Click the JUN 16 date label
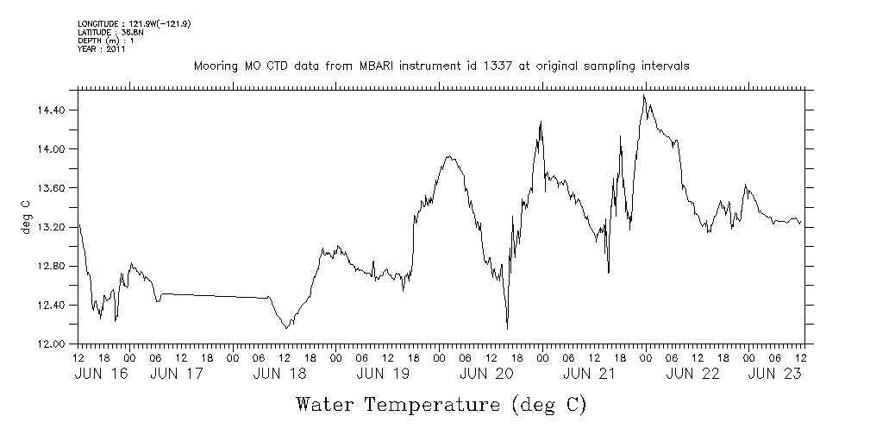pyautogui.click(x=100, y=375)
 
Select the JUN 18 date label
pyautogui.click(x=280, y=375)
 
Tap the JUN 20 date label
pyautogui.click(x=486, y=375)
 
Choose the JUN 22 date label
pyautogui.click(x=692, y=375)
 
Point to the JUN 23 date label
pyautogui.click(x=774, y=375)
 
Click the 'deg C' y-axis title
pyautogui.click(x=25, y=217)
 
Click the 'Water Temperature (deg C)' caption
pyautogui.click(x=441, y=404)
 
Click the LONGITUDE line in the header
pyautogui.click(x=134, y=23)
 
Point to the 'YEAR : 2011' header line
pyautogui.click(x=103, y=50)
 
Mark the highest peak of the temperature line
pyautogui.click(x=644, y=95)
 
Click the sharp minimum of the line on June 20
pyautogui.click(x=507, y=329)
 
